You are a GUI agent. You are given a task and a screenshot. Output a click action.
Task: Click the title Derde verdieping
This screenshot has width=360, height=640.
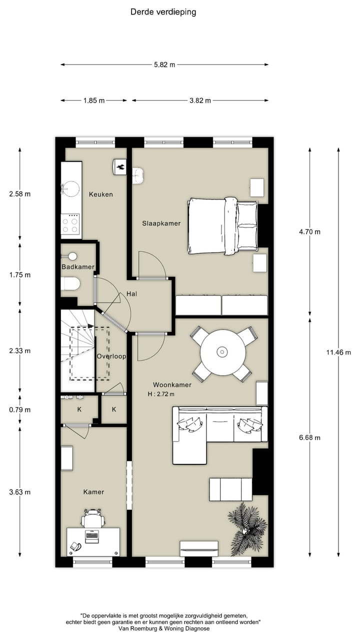[x=163, y=12]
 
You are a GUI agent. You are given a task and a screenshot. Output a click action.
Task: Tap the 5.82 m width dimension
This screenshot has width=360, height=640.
[x=164, y=65]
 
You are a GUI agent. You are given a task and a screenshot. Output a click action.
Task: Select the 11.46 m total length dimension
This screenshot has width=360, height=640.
[x=338, y=352]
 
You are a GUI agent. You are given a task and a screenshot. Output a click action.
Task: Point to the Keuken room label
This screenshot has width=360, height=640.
[x=101, y=194]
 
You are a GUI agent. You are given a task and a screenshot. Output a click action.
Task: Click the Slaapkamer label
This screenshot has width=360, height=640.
[x=161, y=223]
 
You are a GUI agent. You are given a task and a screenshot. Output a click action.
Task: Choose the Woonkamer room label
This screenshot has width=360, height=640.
[x=172, y=385]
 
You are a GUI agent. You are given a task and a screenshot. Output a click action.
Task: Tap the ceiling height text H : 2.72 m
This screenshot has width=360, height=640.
[x=161, y=394]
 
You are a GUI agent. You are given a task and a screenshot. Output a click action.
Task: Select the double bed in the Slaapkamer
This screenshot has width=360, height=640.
[x=223, y=225]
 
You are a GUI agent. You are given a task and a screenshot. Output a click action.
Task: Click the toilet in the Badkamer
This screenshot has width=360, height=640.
[x=70, y=284]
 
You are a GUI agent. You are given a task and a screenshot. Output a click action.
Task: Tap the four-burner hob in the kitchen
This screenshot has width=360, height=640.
[x=70, y=225]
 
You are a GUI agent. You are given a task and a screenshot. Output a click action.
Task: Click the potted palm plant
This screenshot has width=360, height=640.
[x=247, y=528]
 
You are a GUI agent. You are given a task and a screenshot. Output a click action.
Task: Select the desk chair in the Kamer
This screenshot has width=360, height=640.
[x=93, y=519]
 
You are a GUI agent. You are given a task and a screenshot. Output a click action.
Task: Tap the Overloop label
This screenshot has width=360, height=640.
[x=111, y=356]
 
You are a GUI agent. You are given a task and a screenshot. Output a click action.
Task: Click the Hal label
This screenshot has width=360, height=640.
[x=131, y=293]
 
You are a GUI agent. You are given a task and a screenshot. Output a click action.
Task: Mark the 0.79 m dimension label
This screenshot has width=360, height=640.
[x=19, y=409]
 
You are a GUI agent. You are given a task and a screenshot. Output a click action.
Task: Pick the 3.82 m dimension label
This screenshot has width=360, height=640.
[x=200, y=100]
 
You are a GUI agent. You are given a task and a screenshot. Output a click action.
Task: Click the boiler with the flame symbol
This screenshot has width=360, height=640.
[x=119, y=166]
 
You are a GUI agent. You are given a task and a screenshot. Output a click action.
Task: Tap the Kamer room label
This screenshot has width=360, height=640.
[x=93, y=492]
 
